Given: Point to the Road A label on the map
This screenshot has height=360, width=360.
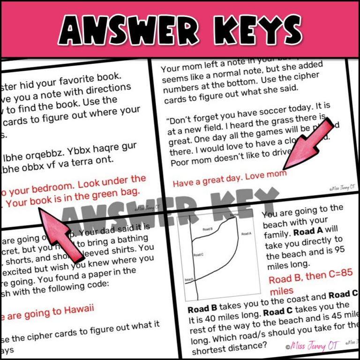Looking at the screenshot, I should pos(246,233).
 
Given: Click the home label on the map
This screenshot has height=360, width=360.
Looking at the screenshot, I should pos(234,215).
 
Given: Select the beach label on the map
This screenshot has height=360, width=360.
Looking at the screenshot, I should pos(189,279).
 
